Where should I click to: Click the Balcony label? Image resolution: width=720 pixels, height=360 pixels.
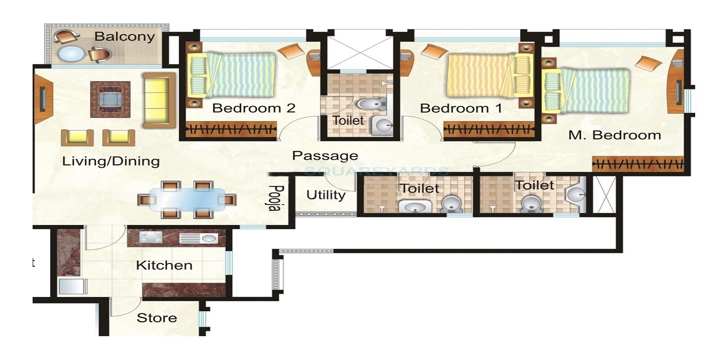point(124,36)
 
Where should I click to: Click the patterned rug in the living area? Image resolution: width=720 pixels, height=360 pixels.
point(110,99)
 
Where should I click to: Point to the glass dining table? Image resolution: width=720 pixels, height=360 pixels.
point(187,199)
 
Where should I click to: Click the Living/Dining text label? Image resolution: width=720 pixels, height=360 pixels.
point(111,161)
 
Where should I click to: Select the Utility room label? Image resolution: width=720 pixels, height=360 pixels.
point(326,195)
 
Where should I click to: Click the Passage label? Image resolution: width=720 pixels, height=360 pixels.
point(325,156)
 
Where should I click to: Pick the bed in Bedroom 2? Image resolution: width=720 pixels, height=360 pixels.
point(232,75)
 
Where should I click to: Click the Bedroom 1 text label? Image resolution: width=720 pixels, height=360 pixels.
point(460,108)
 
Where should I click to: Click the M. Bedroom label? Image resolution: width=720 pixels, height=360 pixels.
point(614,135)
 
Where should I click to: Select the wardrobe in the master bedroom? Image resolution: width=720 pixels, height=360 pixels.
point(638,164)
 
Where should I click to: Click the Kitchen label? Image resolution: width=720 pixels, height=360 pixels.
point(164,265)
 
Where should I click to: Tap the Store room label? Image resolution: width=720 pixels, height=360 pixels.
point(157,318)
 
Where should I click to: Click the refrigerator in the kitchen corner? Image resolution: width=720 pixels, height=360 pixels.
point(72,287)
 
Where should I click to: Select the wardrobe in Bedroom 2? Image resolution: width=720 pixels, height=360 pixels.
point(231,130)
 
